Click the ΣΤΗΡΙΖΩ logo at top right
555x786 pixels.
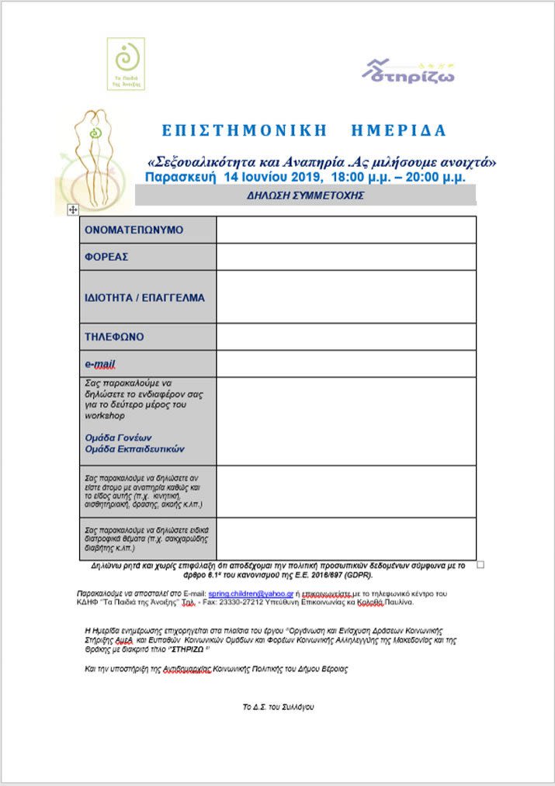408,71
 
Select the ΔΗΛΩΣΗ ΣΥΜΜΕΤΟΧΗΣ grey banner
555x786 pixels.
305,196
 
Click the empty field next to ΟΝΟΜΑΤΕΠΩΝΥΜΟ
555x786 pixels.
345,230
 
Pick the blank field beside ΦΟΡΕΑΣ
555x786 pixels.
345,256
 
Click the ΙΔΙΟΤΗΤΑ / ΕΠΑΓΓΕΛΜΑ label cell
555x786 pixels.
147,296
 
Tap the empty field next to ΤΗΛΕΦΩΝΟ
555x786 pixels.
345,337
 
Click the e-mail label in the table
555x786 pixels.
100,363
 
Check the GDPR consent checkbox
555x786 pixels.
480,565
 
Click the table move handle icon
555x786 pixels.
72,209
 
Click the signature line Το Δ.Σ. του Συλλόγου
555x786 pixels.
279,707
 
